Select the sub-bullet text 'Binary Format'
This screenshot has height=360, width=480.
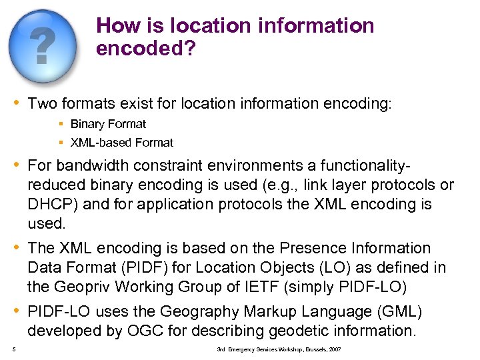[108, 124]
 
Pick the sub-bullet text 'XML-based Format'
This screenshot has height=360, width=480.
[121, 143]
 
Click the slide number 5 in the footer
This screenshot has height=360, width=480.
[13, 349]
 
